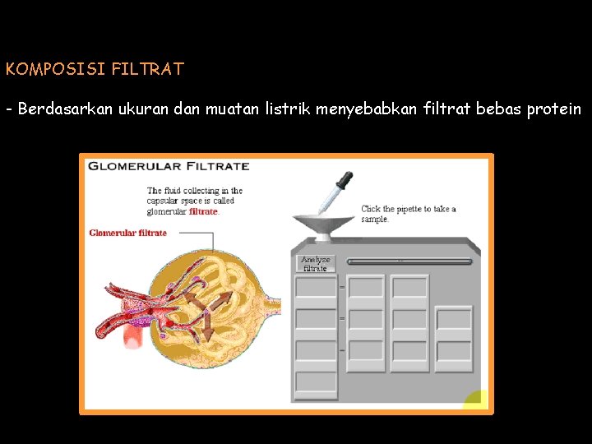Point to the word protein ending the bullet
coord(552,109)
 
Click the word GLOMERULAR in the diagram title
coord(136,166)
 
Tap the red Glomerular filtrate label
coord(127,233)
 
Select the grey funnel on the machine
coord(322,224)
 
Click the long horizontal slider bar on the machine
coord(409,261)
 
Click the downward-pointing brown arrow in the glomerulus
coord(207,328)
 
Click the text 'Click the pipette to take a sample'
coord(408,214)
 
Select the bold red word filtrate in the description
coord(203,211)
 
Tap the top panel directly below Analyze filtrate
coord(316,287)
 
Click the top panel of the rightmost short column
coord(453,318)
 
